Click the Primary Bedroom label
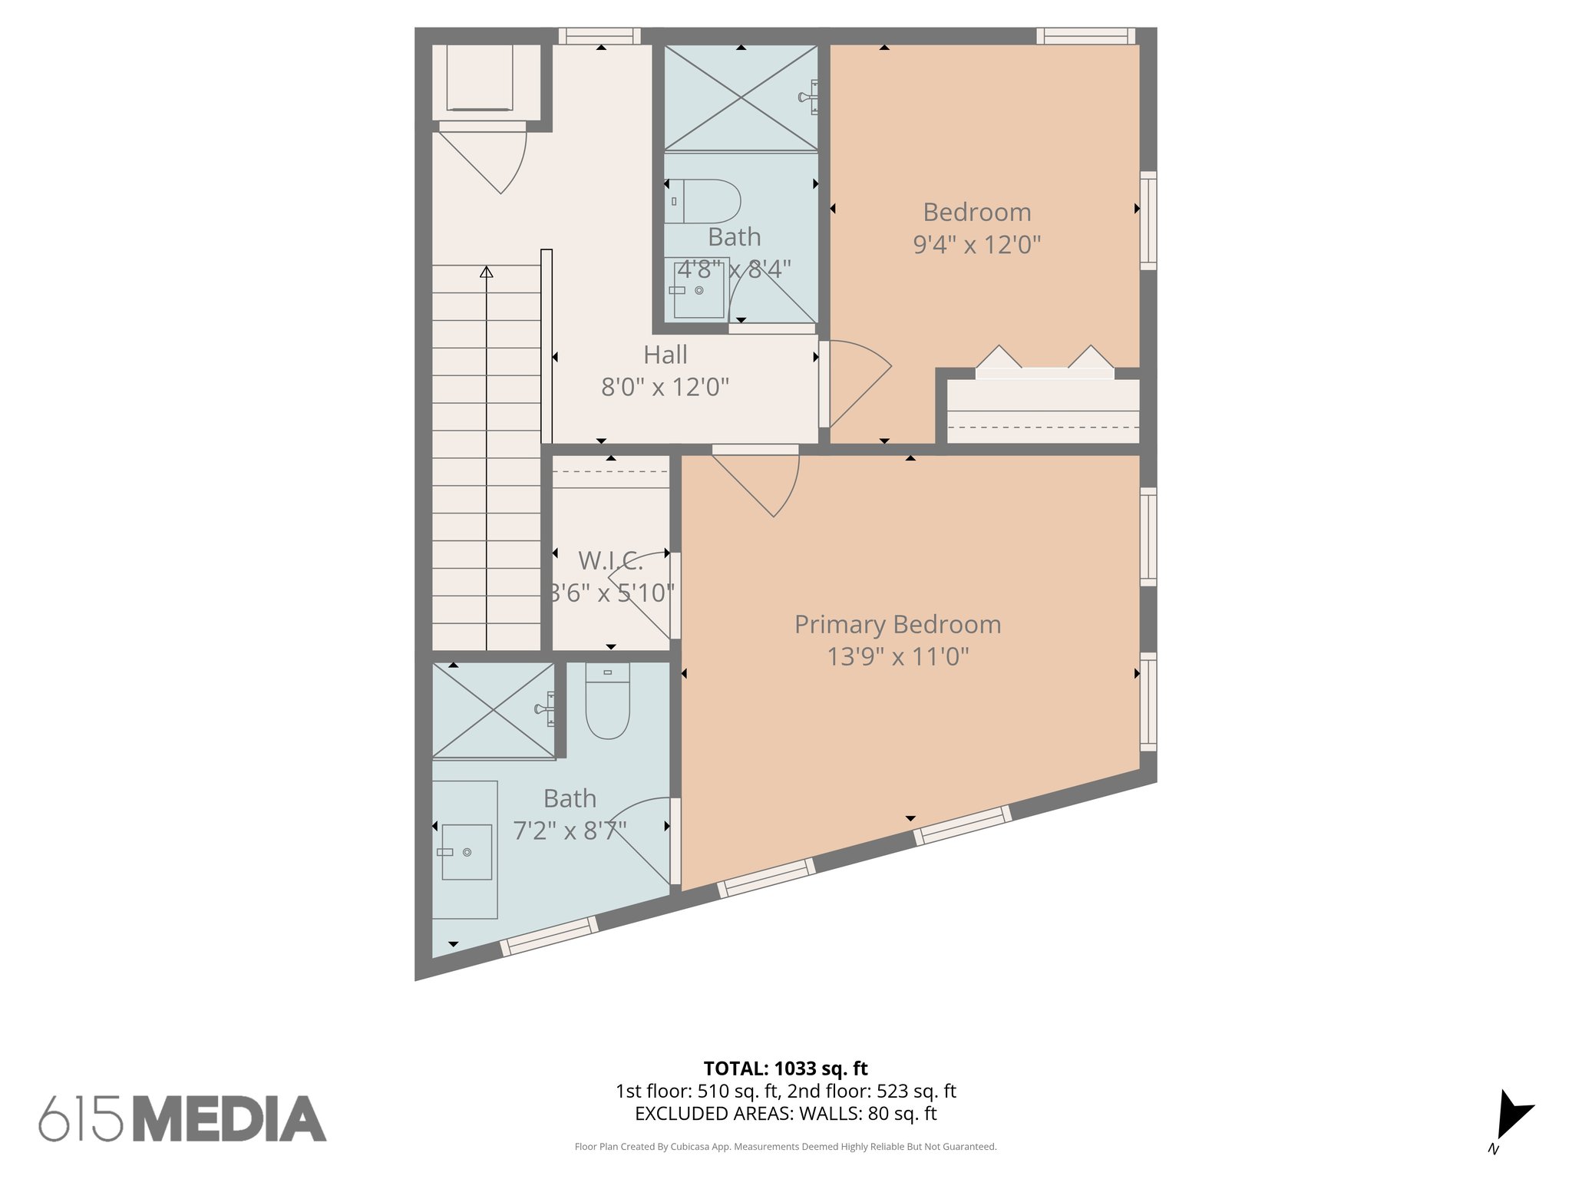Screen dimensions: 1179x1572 tap(897, 625)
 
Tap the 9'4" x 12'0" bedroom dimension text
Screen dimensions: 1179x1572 tap(976, 245)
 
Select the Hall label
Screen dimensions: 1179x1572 tap(665, 355)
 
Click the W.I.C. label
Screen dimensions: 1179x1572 tap(610, 561)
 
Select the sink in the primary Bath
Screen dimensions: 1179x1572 tap(466, 852)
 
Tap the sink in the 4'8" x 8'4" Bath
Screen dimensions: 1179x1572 tap(698, 289)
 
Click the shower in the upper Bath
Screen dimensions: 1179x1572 tap(740, 97)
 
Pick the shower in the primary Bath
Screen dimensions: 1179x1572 tap(493, 710)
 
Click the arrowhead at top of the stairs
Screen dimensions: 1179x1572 tap(486, 272)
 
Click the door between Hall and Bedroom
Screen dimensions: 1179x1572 tap(854, 382)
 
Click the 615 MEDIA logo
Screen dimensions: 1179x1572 tap(183, 1118)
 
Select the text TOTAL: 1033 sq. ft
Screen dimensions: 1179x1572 tap(785, 1068)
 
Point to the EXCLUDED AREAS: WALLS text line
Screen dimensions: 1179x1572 tap(785, 1114)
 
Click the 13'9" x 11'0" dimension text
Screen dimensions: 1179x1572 tap(897, 657)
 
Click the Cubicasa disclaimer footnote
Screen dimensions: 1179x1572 tap(785, 1147)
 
